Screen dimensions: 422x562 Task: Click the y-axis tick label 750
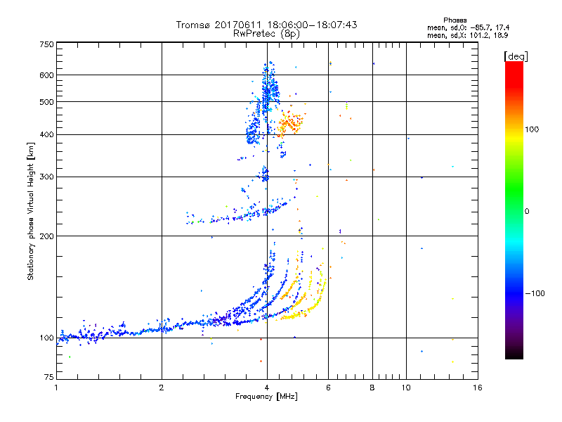pos(46,44)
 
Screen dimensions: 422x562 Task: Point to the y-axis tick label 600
pos(46,75)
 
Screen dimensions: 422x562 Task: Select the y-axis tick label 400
pos(46,135)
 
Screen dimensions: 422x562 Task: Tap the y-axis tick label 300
pos(46,177)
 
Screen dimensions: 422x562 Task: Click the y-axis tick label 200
pos(46,236)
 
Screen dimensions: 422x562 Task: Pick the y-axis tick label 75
pos(48,379)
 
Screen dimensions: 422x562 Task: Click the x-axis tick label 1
pos(56,388)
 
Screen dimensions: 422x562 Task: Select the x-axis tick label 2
pos(162,388)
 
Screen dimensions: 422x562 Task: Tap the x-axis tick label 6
pos(328,388)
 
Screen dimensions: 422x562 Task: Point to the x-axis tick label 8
pos(372,388)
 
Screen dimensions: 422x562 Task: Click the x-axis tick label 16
pos(477,388)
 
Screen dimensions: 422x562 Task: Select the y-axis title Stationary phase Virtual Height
pos(31,211)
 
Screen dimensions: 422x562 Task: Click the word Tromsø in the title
pos(194,25)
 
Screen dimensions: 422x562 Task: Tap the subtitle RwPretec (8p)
pos(266,33)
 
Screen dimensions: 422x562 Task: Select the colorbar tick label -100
pos(536,293)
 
